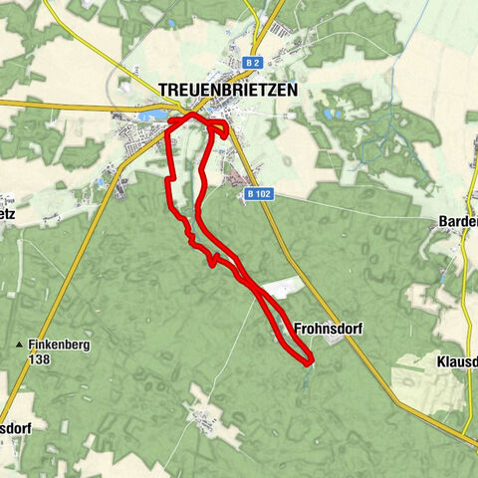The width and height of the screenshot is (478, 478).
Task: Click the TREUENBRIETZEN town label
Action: [x=228, y=90]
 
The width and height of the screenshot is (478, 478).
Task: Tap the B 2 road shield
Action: [x=252, y=63]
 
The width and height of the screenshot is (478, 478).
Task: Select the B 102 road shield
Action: [x=258, y=194]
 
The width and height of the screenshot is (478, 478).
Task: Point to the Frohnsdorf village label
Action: [x=328, y=327]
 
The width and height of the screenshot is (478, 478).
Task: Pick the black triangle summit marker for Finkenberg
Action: [x=18, y=346]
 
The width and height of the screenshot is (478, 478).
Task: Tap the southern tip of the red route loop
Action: [x=308, y=359]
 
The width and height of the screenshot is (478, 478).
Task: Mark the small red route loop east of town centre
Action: [x=219, y=127]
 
